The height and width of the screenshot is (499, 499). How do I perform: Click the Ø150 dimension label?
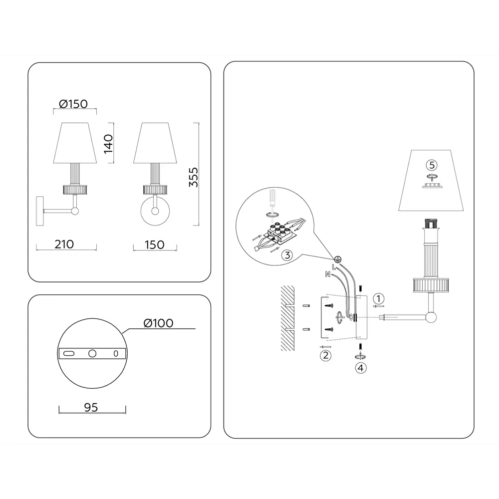(73, 104)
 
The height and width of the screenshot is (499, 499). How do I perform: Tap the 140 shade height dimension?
(108, 144)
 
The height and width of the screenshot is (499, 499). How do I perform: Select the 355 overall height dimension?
(194, 177)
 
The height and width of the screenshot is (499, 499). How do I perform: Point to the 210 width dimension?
(64, 245)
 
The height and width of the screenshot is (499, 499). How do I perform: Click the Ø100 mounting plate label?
(159, 323)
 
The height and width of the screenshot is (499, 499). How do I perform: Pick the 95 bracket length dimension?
(91, 407)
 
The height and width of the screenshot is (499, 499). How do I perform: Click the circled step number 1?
(378, 299)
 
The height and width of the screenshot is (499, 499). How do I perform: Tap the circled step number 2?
(325, 355)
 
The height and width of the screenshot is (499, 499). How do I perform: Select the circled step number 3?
(287, 255)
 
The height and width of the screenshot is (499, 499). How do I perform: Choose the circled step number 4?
(361, 368)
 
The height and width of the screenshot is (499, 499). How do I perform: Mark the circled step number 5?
(432, 165)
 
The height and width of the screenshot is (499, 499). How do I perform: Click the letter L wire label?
(333, 266)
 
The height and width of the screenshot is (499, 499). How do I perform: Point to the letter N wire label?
(327, 274)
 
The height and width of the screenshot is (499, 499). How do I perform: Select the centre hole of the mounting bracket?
(92, 353)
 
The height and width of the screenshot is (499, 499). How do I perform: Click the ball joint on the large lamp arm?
(431, 317)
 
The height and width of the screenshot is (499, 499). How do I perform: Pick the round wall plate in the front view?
(155, 211)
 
